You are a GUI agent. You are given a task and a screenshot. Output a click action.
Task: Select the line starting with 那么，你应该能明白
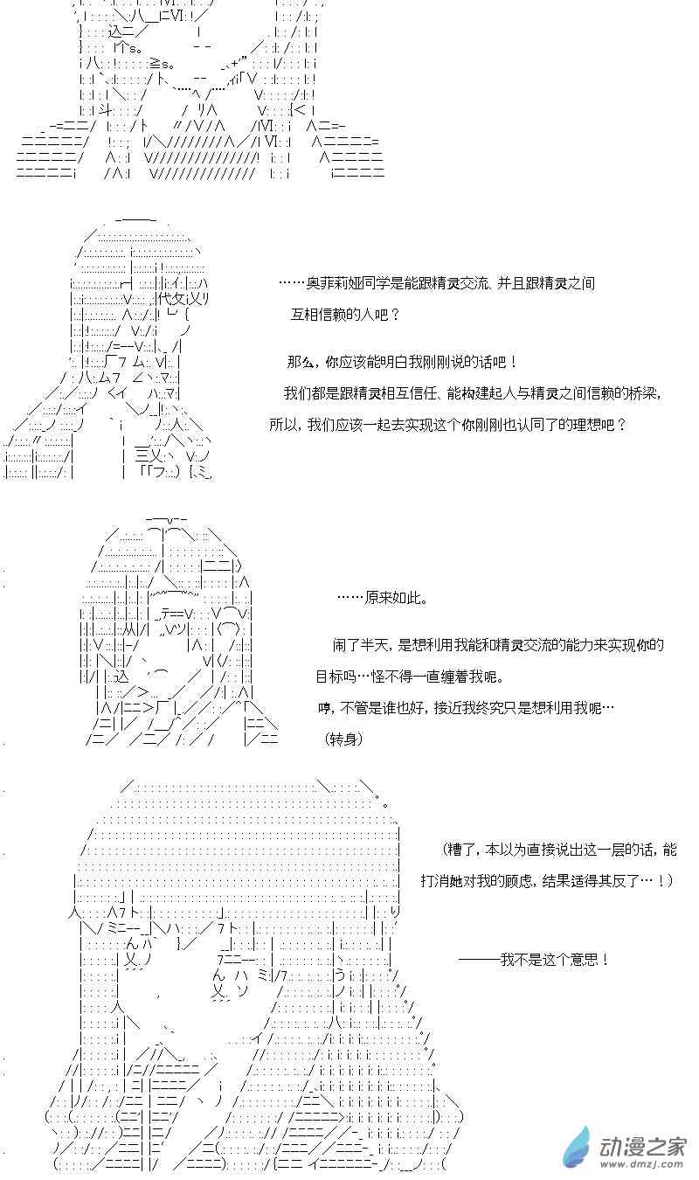pyautogui.click(x=401, y=362)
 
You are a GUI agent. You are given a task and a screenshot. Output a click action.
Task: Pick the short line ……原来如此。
pyautogui.click(x=382, y=598)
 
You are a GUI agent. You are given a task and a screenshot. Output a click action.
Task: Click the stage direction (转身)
pyautogui.click(x=344, y=739)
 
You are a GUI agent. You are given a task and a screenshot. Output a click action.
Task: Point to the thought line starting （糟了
pyautogui.click(x=560, y=850)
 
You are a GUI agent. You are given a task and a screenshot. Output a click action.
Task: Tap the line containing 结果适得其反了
pyautogui.click(x=546, y=881)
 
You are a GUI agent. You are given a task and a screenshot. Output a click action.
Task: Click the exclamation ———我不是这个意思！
pyautogui.click(x=534, y=960)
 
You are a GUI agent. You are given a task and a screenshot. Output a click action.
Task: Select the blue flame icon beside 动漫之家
pyautogui.click(x=576, y=1147)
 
